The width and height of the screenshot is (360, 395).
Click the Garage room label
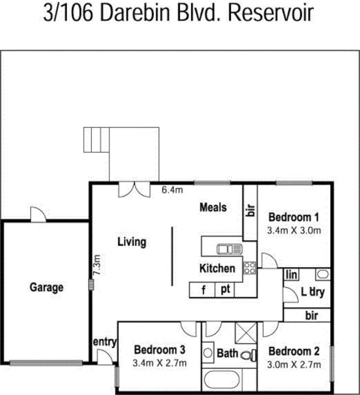(x=47, y=287)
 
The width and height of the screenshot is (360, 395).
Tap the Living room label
(x=132, y=242)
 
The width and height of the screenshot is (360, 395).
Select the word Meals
(x=213, y=207)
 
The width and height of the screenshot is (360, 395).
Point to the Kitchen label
(x=217, y=269)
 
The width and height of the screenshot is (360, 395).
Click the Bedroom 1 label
(x=293, y=217)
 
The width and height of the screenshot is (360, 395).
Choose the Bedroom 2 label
(x=294, y=352)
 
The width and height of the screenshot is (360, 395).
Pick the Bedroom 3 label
(x=160, y=350)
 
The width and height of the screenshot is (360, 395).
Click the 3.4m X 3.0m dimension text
(x=294, y=230)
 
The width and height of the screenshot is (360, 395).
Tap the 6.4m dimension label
(x=173, y=190)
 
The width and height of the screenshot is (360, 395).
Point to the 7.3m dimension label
(x=97, y=266)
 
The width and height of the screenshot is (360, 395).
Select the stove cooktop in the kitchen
(x=249, y=268)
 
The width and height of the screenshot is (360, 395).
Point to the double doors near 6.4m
(x=134, y=190)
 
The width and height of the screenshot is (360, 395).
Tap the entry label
(x=105, y=342)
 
